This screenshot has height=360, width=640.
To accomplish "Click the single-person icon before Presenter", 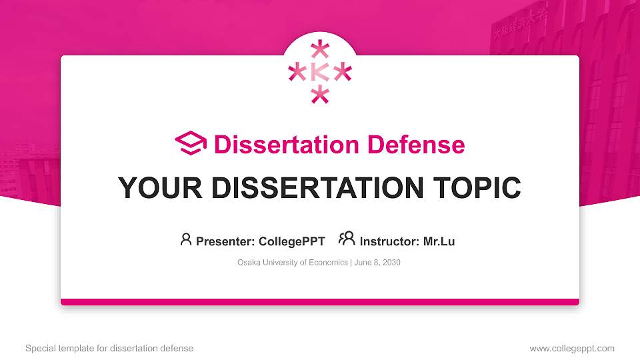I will [186, 239].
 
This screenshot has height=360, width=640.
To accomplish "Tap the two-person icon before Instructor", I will [347, 239].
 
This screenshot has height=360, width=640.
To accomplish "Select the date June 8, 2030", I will [377, 263].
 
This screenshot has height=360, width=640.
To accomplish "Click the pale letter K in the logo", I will [320, 72].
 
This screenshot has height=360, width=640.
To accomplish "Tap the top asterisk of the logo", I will [321, 50].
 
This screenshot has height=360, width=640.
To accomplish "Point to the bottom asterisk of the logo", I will [321, 95].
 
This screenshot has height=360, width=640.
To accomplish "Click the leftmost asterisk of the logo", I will [297, 72].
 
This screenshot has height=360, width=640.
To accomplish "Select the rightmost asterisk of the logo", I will [343, 72].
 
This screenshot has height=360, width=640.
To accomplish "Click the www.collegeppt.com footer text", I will [572, 348].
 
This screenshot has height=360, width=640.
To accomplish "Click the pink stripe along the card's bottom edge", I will [320, 302].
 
